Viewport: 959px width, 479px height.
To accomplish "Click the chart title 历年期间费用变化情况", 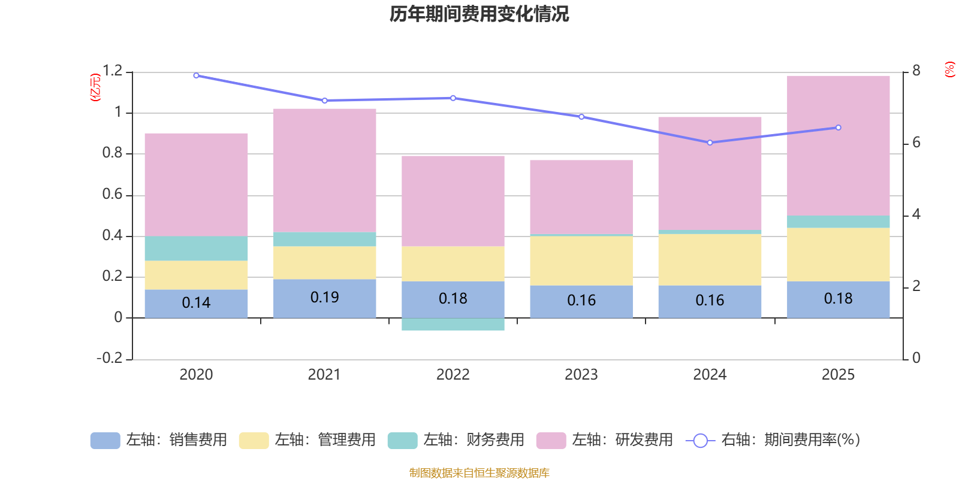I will (x=479, y=14).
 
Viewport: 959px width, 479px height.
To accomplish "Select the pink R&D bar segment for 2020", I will (x=196, y=184).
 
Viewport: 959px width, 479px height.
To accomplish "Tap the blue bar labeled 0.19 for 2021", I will (x=324, y=298).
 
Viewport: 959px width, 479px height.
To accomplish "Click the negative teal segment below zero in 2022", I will (x=453, y=324).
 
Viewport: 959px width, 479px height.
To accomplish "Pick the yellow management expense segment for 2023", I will (x=581, y=260).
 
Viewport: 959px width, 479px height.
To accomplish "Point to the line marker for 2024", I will (x=710, y=143).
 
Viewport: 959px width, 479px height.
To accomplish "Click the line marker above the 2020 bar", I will (x=196, y=75).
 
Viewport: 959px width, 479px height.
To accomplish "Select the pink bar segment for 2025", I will (x=838, y=145).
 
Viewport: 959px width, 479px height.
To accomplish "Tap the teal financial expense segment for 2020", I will (x=196, y=248).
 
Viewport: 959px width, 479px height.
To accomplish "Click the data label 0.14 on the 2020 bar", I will (x=196, y=303).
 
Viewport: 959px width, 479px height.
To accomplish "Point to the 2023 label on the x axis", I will (x=581, y=375).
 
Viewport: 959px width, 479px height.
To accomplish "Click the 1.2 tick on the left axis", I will (x=112, y=71).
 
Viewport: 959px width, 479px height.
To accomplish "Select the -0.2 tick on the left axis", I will (x=109, y=358).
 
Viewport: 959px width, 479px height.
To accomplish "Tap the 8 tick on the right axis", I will (x=916, y=71).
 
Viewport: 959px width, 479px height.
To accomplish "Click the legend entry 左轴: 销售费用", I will (x=159, y=440).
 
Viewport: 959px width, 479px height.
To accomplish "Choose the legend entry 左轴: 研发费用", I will (x=605, y=440).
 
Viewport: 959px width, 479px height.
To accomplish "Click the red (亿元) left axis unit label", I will (x=95, y=87).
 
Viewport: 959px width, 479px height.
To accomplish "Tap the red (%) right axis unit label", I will (x=949, y=69).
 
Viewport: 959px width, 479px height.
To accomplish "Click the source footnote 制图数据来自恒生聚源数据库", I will (x=479, y=473).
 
